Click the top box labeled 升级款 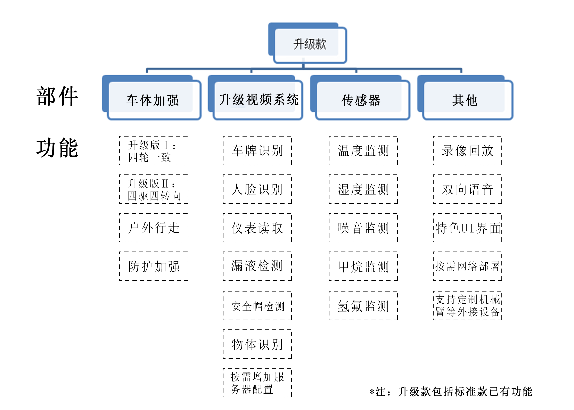tap(310, 44)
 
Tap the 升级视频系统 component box tap(258, 99)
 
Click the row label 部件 tap(57, 96)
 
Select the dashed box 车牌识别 tap(257, 151)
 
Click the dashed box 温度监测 tap(363, 151)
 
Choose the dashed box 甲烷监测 tap(363, 266)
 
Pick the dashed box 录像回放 tap(467, 151)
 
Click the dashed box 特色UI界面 tap(467, 228)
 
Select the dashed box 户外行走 tap(154, 228)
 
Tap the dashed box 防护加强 tap(154, 266)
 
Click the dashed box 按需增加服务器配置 tap(257, 383)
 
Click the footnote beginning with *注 tap(451, 392)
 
